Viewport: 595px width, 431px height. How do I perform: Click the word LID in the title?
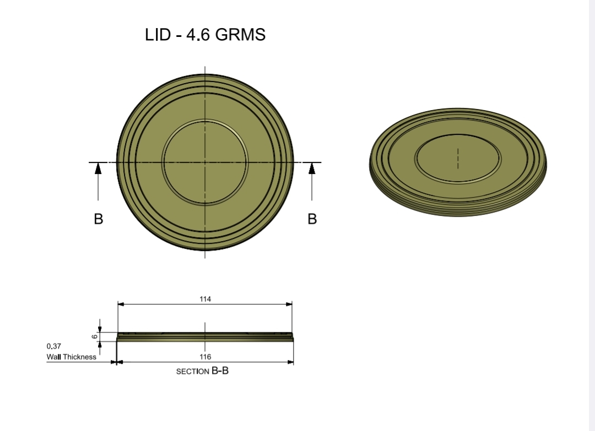[158, 35]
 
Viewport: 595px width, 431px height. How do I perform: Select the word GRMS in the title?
[240, 35]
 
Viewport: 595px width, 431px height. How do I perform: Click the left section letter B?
[98, 219]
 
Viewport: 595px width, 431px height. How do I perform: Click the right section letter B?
[312, 219]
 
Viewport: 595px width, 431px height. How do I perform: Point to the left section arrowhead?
[98, 168]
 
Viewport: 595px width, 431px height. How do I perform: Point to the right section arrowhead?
[312, 168]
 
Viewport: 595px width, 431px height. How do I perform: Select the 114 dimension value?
[205, 299]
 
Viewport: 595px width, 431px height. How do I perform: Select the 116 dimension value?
[205, 357]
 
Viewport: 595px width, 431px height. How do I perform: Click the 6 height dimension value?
[95, 337]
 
